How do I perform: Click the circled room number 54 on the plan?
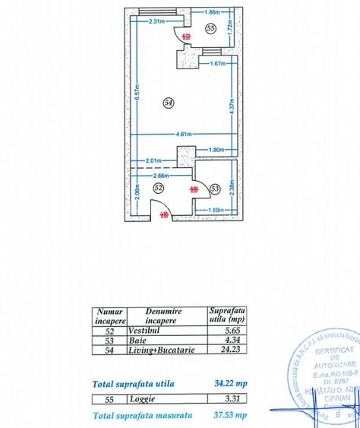click(x=169, y=102)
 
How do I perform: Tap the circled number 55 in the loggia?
click(x=210, y=28)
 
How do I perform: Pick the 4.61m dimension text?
click(x=181, y=134)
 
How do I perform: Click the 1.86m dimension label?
click(x=213, y=12)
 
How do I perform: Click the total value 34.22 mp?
click(x=229, y=383)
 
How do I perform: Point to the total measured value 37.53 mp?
click(x=229, y=416)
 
